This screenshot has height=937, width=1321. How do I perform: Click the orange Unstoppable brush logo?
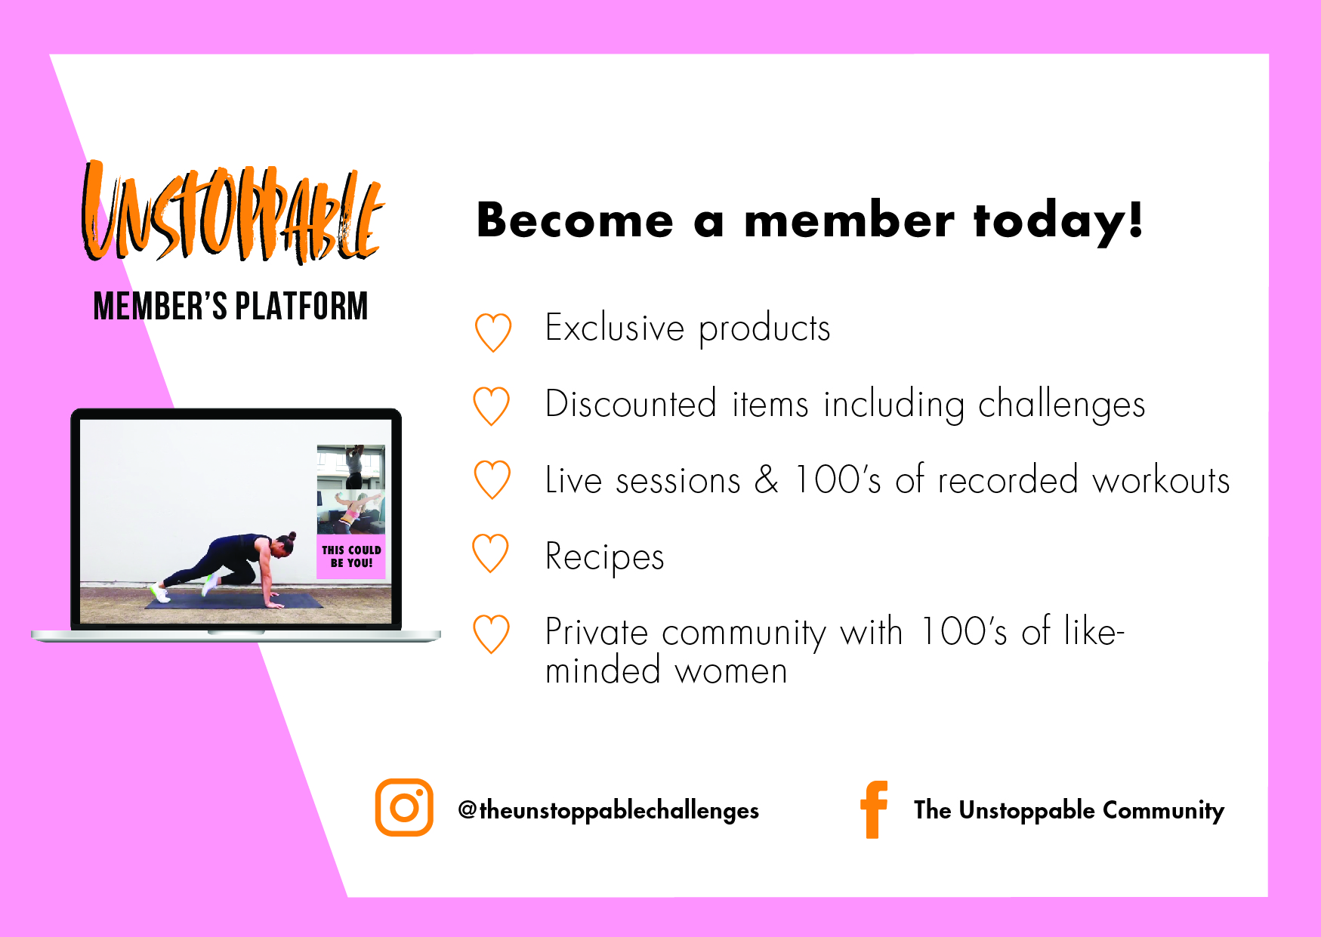point(233,212)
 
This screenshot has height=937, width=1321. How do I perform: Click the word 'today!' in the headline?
point(1058,222)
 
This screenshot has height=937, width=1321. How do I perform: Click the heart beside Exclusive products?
point(493,333)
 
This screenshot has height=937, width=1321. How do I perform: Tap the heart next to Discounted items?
point(492,407)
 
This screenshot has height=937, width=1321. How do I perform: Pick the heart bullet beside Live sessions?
point(492,481)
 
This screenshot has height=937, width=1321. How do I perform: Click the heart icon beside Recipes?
point(491,554)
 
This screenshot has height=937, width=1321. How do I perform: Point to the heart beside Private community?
point(492,634)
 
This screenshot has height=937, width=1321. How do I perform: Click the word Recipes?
point(605,558)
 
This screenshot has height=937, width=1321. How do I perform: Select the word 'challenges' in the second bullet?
point(1061,405)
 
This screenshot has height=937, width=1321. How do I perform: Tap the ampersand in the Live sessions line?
point(767,480)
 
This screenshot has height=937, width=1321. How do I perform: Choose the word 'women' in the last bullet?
point(731,671)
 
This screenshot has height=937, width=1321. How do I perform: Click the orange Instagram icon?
point(404,807)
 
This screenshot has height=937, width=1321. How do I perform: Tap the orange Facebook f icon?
point(874,809)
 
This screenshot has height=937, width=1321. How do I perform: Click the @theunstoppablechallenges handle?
point(608,810)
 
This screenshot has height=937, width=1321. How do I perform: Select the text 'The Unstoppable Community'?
point(1069,810)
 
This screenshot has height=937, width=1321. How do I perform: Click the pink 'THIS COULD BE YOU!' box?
point(351,556)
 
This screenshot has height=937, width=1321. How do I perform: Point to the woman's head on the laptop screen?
point(284,544)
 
